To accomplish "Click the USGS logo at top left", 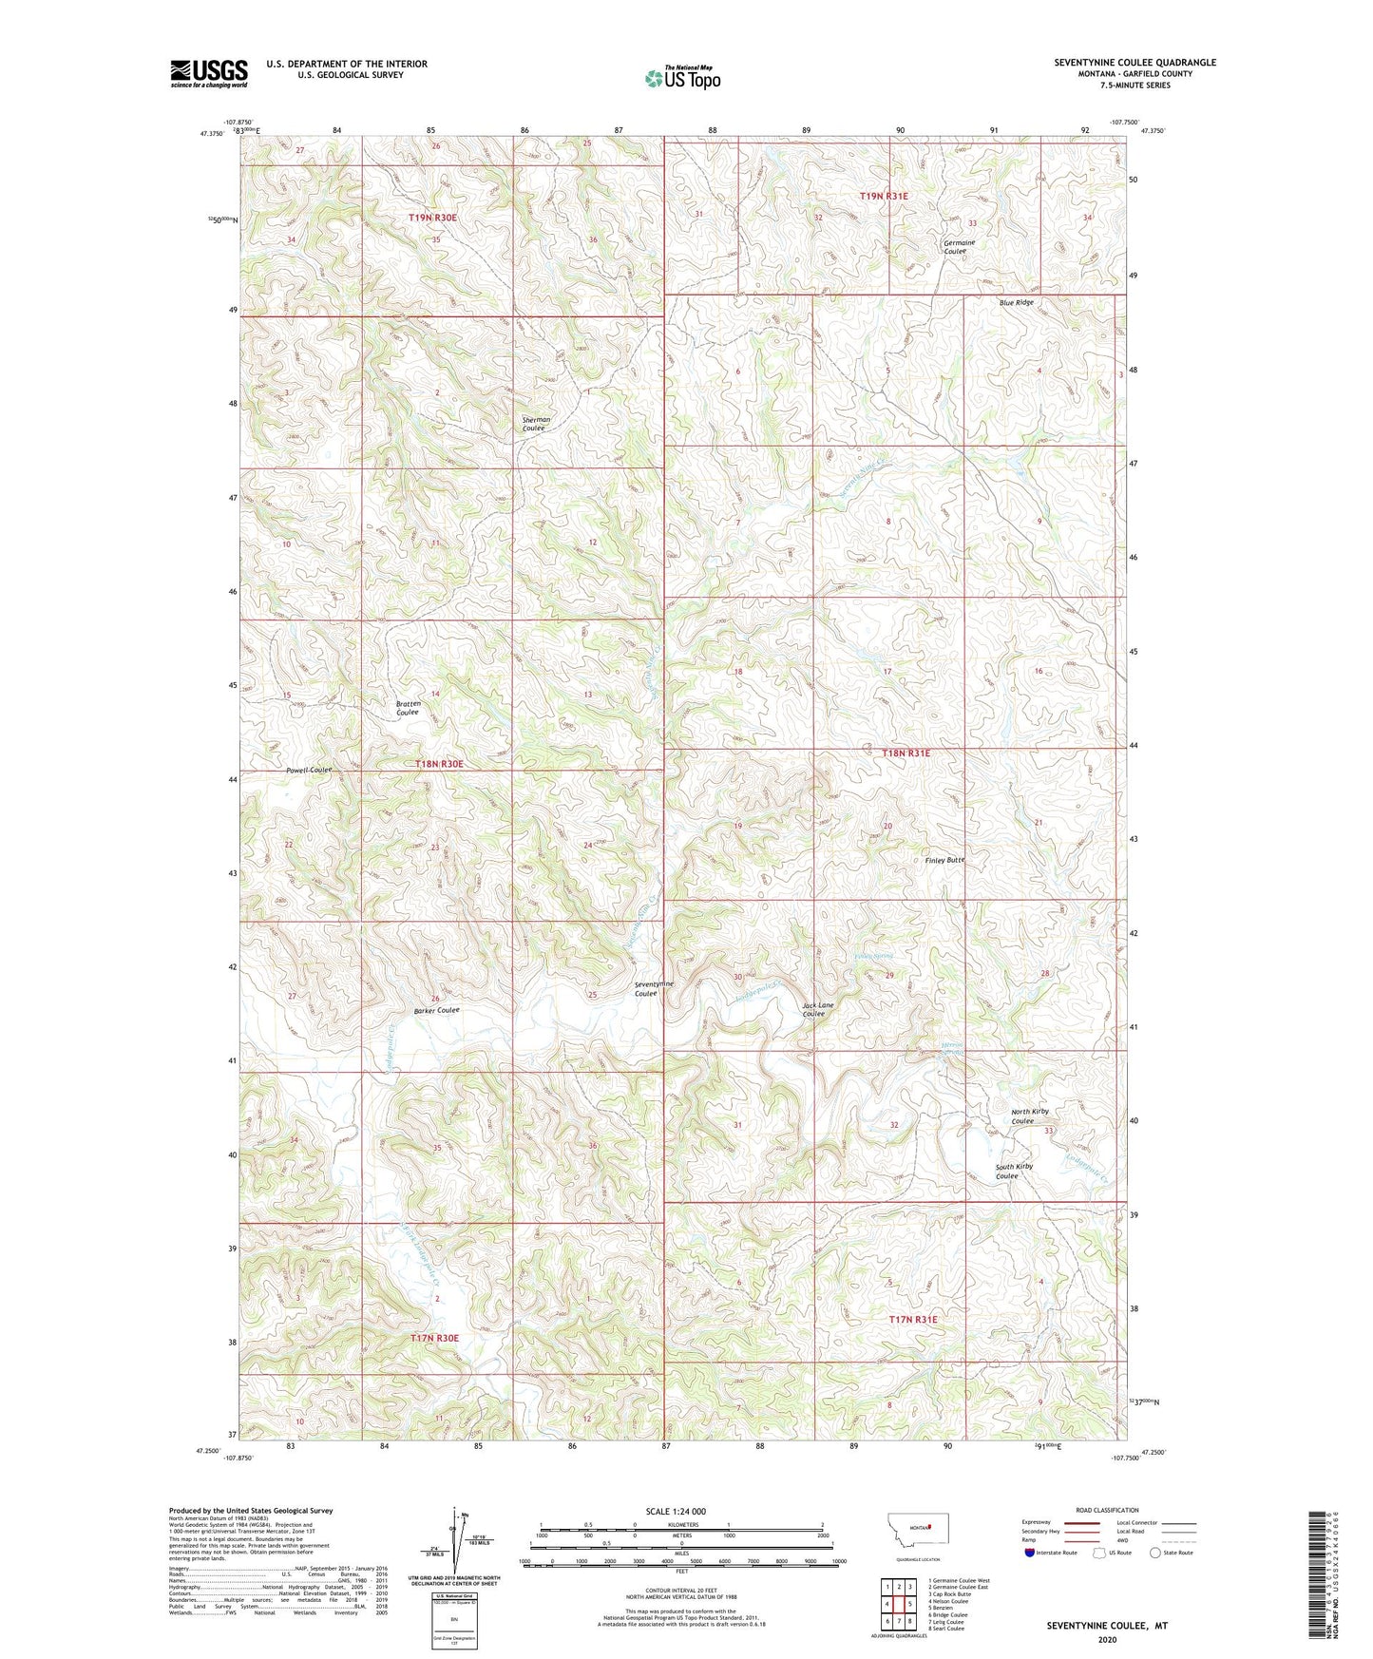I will [209, 73].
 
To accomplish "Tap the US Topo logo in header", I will [682, 78].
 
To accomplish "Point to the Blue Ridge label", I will [1016, 302].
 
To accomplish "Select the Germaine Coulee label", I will [959, 246].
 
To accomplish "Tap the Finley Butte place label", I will [944, 860].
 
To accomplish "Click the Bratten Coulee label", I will [408, 708].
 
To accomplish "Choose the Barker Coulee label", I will [436, 1011].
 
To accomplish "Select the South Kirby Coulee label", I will [1014, 1171].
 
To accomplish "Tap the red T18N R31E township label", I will [906, 753].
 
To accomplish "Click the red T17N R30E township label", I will [434, 1338].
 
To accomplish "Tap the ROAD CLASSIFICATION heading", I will [1107, 1510].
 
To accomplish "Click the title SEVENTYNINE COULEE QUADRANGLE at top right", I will [1135, 63].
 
